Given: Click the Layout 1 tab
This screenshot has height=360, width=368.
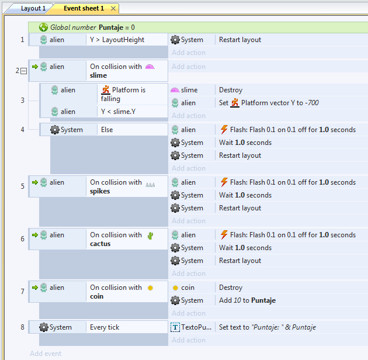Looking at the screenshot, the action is point(33,8).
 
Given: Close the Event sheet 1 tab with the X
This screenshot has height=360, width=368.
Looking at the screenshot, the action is point(113,9).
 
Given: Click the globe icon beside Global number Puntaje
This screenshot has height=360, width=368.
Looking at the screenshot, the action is point(43,27).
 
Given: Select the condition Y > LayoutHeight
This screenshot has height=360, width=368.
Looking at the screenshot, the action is point(117,40).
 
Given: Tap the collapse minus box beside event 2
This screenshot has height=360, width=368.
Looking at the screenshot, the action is point(24,71).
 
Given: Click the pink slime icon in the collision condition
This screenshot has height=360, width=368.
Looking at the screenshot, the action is point(150,67).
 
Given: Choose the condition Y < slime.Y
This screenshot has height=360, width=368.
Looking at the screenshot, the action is point(118,111).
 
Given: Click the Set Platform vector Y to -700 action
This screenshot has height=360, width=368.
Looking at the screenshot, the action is point(269,103).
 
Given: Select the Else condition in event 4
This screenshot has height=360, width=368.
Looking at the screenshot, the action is point(107,130).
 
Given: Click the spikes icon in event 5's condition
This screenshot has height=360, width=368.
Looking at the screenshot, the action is point(150,185).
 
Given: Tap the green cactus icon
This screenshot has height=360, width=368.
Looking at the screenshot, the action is point(151,236).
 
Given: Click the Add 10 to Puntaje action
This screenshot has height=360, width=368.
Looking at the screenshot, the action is point(247,300).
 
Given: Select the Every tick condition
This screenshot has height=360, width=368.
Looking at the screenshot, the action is point(105,327).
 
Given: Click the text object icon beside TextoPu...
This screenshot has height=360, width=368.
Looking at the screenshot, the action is point(175,327).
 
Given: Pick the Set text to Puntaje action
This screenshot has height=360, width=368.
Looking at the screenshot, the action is point(268,327).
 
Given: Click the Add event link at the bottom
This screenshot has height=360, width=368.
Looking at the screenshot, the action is point(46,354).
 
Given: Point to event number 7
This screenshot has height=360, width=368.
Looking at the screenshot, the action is point(23,292).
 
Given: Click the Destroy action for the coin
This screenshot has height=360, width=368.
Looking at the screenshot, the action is point(231,288).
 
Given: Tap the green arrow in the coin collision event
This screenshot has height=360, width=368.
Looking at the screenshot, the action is point(35,288).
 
